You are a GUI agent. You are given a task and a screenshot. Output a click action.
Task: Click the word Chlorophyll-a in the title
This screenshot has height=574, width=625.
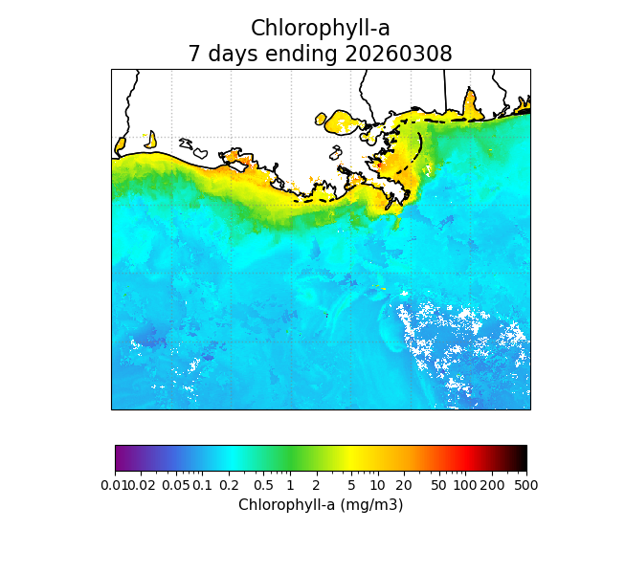pos(320,29)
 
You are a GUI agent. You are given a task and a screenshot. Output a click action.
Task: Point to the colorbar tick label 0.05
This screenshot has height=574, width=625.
pos(175,486)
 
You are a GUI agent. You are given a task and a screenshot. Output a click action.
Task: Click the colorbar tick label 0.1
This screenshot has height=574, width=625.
pos(202,486)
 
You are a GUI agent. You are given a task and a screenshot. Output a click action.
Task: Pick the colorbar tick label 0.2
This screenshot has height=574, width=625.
pos(229,486)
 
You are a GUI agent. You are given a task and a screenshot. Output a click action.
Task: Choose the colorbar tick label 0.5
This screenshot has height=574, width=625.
pos(264,486)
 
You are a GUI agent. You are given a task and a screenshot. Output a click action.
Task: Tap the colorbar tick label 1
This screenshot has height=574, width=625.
pos(290,486)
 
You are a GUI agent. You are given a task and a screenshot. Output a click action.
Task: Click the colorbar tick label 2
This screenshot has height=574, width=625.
pos(317,486)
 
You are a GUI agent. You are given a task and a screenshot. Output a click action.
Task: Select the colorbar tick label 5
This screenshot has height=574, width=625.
pos(351,486)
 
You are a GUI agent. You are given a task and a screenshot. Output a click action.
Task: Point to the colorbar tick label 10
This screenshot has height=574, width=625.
pos(377,486)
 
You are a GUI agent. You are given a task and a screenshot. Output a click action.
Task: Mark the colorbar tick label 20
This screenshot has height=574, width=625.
pos(404,486)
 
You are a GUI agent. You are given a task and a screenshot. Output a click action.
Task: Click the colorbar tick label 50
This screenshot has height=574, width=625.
pos(438,486)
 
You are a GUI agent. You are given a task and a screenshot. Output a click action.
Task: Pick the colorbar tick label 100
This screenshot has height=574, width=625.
pos(465,486)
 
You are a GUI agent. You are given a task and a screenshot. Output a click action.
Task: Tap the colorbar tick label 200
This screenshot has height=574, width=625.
pos(492,486)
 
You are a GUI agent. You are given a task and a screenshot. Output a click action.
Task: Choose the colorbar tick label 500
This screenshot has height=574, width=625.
pos(525,486)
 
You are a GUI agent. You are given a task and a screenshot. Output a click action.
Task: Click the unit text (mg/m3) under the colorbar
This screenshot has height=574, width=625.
pos(368,505)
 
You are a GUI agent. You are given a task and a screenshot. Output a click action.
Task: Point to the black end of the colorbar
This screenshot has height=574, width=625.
pos(522,458)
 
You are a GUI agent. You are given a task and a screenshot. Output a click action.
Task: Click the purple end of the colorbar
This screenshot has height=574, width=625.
pos(120,458)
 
